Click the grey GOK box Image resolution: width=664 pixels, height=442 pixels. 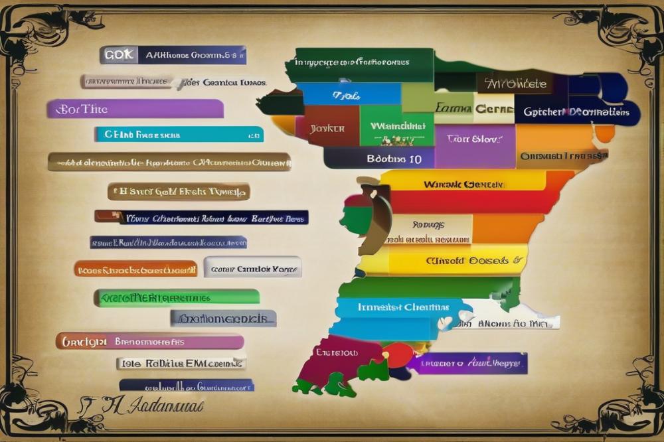pos(119,55)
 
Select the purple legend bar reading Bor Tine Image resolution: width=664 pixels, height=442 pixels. pos(135,108)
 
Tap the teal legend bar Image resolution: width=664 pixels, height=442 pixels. pos(179,135)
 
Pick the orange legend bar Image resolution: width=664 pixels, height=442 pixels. pos(135,269)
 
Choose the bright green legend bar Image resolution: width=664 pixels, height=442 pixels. pos(177,297)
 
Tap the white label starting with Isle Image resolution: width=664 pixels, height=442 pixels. pos(181,363)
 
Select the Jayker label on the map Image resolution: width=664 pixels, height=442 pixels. pos(327,127)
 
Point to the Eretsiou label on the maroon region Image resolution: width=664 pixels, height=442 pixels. pos(336,352)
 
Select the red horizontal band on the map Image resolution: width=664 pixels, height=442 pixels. pos(465,202)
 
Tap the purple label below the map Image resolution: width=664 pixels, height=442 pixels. pos(467,363)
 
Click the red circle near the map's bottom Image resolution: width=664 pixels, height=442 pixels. pos(397,354)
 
